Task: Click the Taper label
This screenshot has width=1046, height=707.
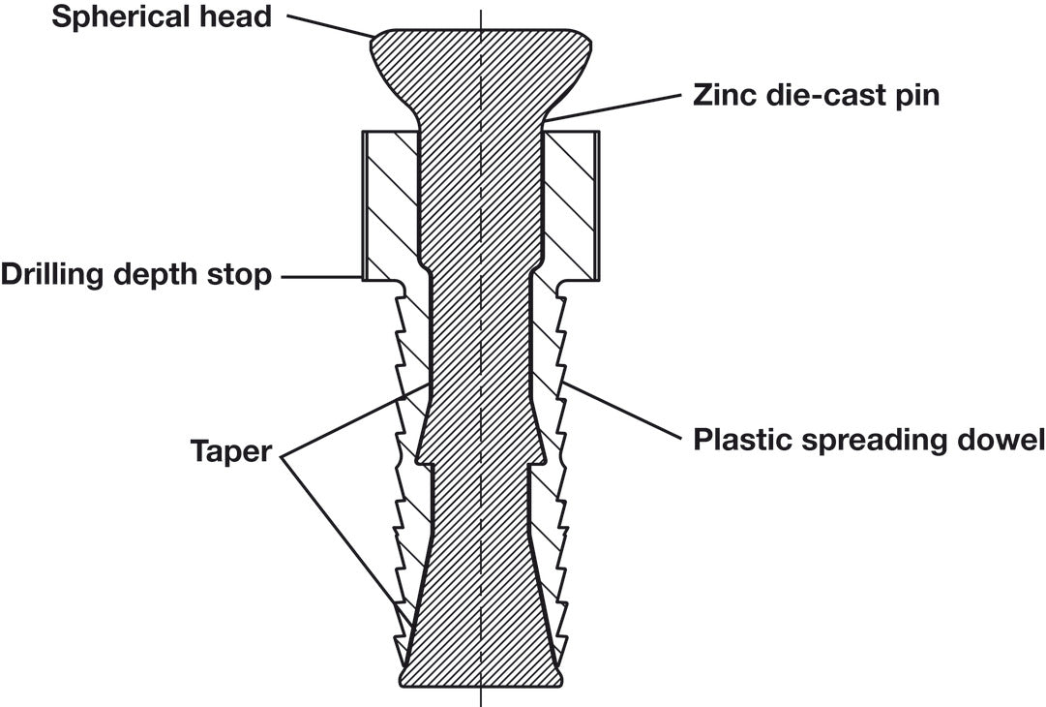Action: tap(231, 452)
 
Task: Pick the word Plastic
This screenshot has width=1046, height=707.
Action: tap(741, 440)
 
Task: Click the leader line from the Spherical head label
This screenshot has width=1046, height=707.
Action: tap(330, 24)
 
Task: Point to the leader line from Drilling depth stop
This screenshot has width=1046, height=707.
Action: tap(322, 276)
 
